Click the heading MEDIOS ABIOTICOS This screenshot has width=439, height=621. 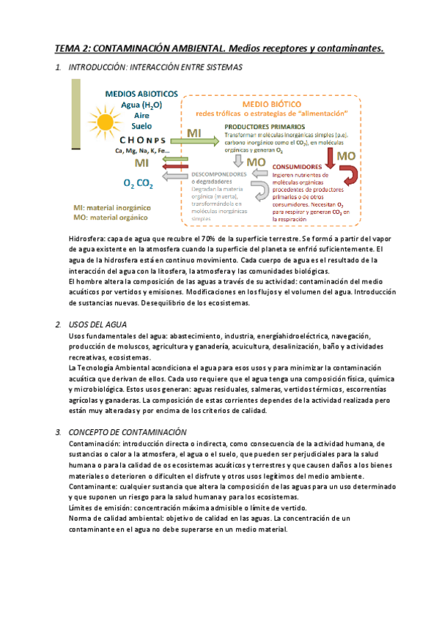(141, 94)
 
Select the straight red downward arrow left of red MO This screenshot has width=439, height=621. (331, 156)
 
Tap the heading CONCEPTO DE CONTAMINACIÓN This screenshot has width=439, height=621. (128, 432)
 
